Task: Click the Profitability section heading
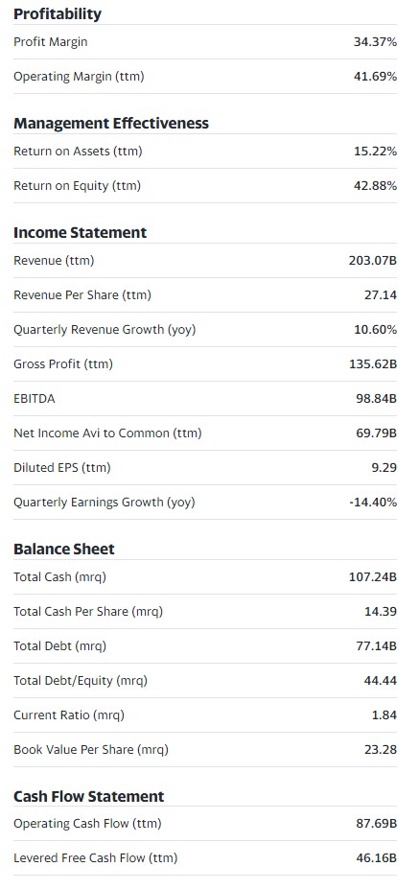[x=58, y=14]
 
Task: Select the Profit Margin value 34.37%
[x=375, y=42]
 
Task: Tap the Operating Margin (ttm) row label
[x=79, y=77]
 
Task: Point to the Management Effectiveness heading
[x=111, y=123]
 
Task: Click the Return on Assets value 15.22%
[x=375, y=152]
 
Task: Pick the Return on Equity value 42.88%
[x=375, y=186]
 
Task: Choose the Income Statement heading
[x=80, y=233]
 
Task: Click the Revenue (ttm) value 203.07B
[x=372, y=261]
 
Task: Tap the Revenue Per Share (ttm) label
[x=82, y=295]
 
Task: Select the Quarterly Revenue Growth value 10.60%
[x=375, y=330]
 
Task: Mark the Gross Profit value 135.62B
[x=372, y=364]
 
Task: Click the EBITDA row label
[x=35, y=398]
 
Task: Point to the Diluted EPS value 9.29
[x=384, y=468]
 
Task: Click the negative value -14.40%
[x=373, y=503]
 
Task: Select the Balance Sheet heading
[x=64, y=550]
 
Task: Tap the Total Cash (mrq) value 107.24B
[x=372, y=577]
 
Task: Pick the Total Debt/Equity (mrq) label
[x=81, y=681]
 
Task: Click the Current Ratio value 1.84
[x=384, y=715]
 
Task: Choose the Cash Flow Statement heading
[x=89, y=797]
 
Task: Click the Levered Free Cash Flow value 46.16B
[x=377, y=858]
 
